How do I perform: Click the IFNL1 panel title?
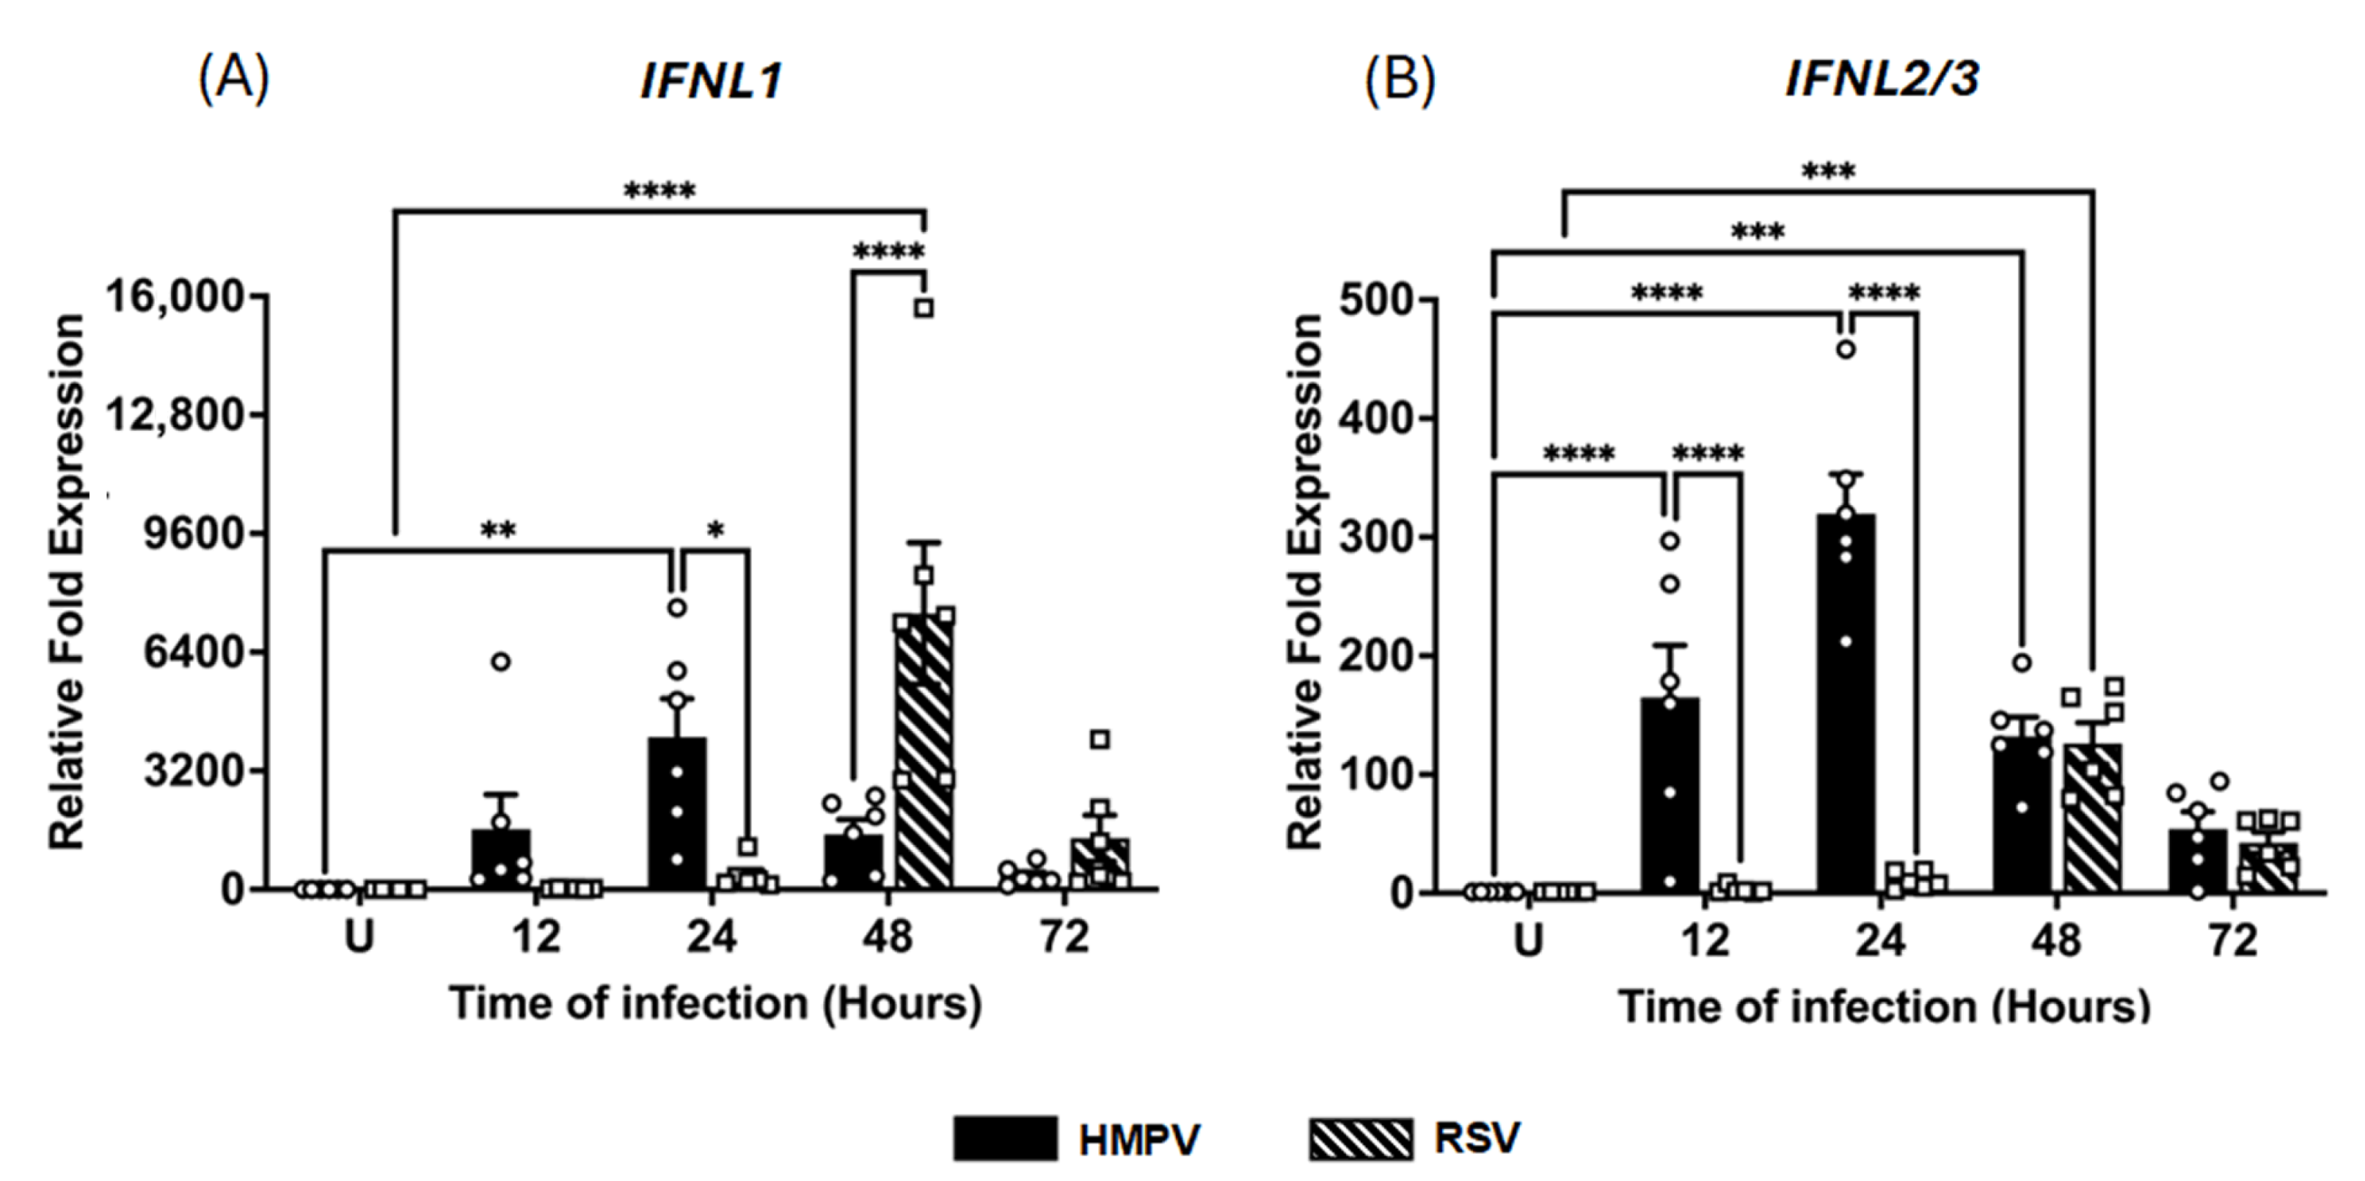712,81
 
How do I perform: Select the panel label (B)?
1399,81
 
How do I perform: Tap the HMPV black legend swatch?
1004,1138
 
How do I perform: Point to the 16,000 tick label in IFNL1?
175,297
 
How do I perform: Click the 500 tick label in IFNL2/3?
1375,300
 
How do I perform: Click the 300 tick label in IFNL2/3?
1375,537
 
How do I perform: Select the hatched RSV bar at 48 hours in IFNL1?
924,753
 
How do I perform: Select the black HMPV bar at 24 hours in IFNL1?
678,813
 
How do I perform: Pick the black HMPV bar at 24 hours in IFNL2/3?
1846,702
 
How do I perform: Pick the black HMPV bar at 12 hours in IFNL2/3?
1669,794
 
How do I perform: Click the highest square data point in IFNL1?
924,308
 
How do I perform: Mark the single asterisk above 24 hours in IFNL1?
715,530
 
